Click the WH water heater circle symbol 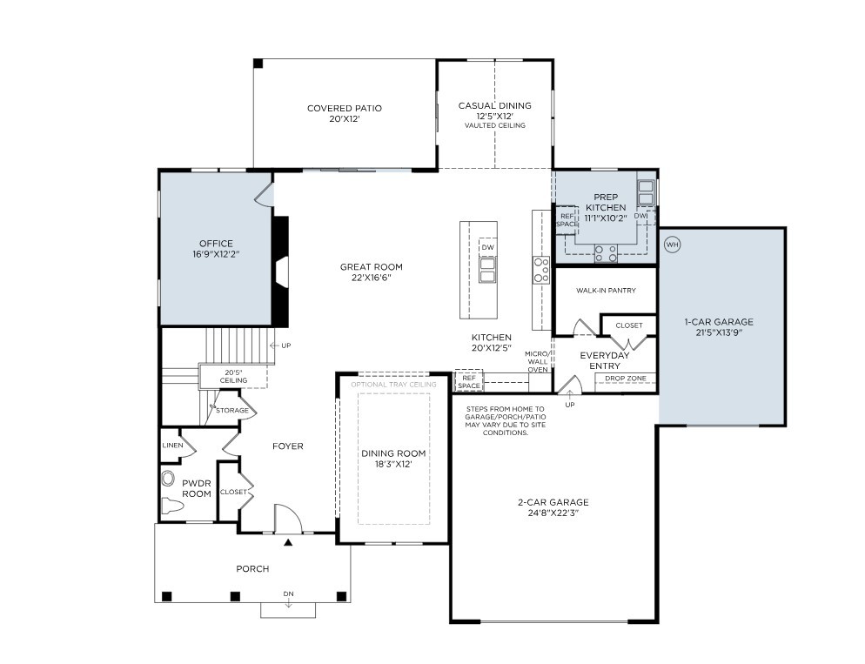[672, 245]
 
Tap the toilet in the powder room [171, 505]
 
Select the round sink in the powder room [169, 478]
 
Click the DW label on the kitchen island [487, 248]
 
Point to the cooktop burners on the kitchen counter [541, 270]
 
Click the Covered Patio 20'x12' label [344, 113]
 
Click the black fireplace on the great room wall [280, 272]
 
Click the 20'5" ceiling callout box [232, 375]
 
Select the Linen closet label [171, 446]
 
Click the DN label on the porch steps [288, 594]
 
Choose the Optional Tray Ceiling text [393, 384]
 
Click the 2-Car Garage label [553, 507]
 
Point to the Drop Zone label [625, 379]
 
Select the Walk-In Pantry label [605, 291]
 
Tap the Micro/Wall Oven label [537, 361]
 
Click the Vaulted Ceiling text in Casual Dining [494, 126]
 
